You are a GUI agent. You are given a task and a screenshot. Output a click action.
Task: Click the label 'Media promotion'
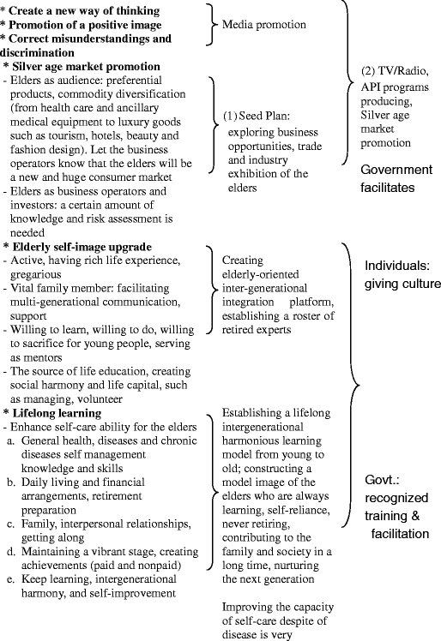pyautogui.click(x=264, y=25)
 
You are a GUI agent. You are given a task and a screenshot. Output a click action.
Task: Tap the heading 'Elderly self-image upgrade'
pyautogui.click(x=79, y=247)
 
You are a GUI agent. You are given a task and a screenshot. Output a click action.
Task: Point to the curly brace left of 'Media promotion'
pyautogui.click(x=211, y=24)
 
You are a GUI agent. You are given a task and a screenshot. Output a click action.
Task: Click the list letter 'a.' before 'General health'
pyautogui.click(x=11, y=440)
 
